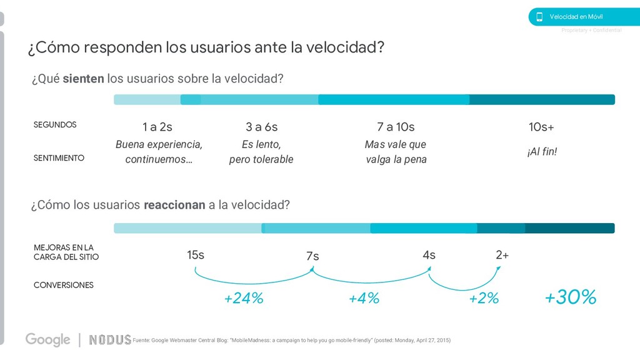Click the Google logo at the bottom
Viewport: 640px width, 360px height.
point(47,339)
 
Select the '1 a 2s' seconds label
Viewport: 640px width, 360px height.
point(157,127)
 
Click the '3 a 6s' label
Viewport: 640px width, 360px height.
point(261,127)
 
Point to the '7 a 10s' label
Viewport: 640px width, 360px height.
point(396,127)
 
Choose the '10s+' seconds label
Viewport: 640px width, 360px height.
point(541,127)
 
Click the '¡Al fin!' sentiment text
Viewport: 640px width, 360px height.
point(541,152)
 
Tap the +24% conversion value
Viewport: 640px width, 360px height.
point(244,299)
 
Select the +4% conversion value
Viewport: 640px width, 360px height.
point(364,299)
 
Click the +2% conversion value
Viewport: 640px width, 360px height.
point(484,299)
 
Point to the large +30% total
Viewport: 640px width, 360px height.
point(570,297)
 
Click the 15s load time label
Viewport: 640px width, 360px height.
point(196,255)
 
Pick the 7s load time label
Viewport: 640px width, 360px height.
point(312,256)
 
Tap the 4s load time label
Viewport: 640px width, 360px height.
point(429,255)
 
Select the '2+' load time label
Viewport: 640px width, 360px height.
point(502,255)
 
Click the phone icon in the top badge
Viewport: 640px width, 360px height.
point(539,17)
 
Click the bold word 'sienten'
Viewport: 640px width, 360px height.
point(83,79)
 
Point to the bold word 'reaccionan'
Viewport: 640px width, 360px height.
point(174,206)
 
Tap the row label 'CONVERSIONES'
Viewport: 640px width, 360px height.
point(63,285)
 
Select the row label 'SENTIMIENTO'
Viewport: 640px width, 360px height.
point(59,158)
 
